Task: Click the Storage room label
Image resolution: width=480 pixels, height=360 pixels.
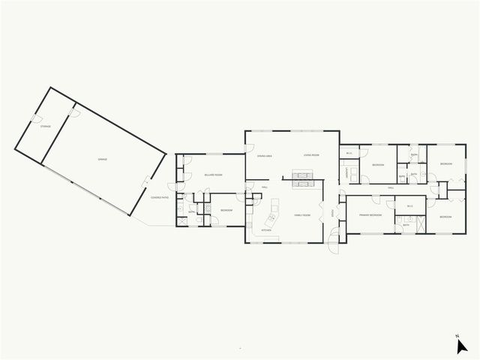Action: tap(44, 127)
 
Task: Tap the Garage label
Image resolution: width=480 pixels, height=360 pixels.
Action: tap(102, 160)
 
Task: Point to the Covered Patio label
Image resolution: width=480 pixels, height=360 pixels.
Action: tap(159, 197)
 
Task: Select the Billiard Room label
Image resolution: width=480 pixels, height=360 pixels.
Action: tap(212, 175)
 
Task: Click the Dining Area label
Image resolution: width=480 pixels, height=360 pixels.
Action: tap(264, 155)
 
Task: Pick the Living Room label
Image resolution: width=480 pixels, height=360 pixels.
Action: tap(310, 155)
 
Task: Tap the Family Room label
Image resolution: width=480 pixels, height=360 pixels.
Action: tap(302, 214)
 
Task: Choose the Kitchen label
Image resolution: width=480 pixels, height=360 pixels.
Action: tap(265, 230)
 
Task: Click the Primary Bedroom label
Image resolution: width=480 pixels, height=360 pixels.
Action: tap(370, 215)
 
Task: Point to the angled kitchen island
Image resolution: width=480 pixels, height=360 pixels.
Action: tap(271, 220)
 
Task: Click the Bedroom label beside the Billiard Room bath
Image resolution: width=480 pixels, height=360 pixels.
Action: tap(226, 210)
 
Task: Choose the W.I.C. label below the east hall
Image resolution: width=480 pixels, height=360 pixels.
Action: tap(409, 206)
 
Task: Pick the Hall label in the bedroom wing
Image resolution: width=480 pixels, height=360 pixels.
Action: tap(391, 187)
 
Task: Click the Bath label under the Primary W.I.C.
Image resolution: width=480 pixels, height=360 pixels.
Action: tap(406, 224)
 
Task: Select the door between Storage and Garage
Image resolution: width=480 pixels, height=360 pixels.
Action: tap(73, 112)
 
